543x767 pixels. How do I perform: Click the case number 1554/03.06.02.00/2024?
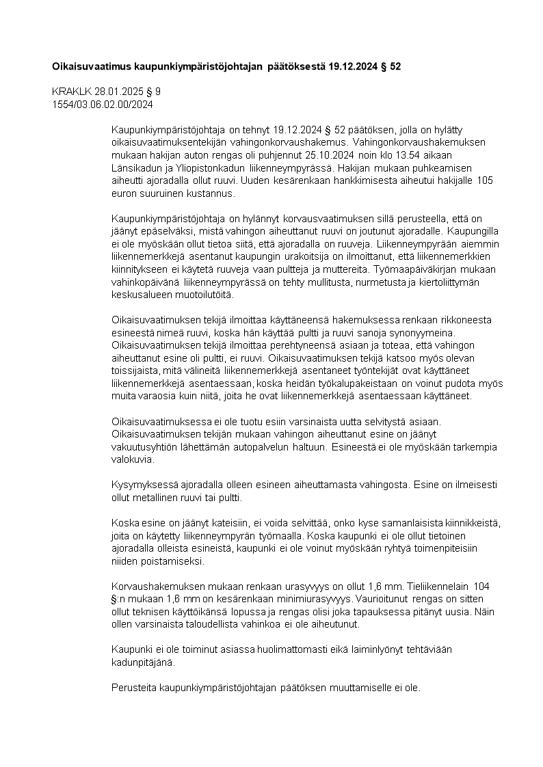tap(103, 105)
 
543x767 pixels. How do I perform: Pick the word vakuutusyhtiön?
tap(145, 448)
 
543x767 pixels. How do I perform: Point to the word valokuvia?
tap(133, 461)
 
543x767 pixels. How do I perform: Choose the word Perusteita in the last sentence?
tap(133, 689)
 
